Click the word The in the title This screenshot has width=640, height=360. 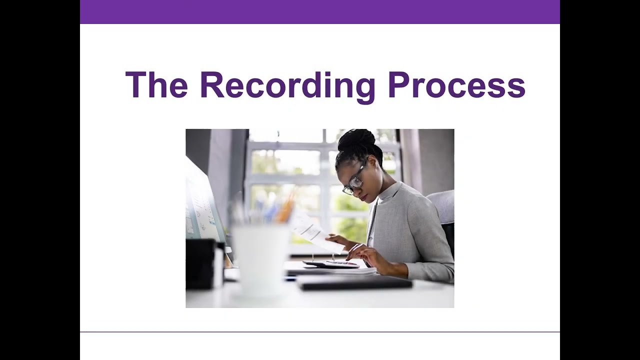pos(156,85)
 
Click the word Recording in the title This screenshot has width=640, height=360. pos(287,86)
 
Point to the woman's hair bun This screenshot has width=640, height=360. pos(356,140)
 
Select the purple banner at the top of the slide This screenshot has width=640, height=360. pos(320,11)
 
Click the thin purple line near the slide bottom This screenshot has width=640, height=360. pos(320,331)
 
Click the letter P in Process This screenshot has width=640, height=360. pos(399,85)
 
